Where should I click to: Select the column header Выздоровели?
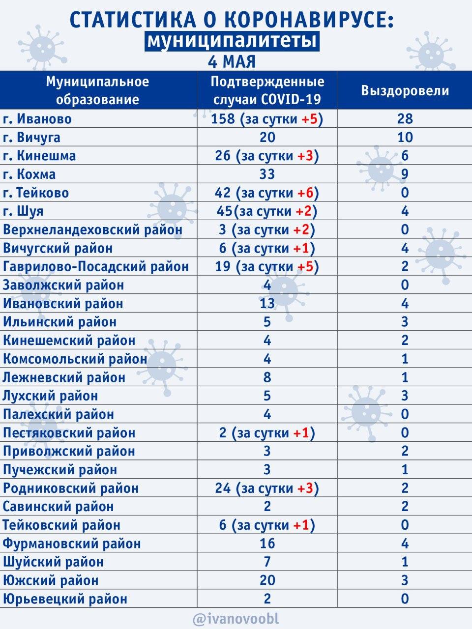click(405, 91)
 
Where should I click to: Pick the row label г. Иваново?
click(37, 119)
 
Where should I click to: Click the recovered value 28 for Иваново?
click(405, 119)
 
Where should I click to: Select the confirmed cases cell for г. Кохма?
click(267, 174)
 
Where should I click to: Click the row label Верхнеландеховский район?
click(92, 229)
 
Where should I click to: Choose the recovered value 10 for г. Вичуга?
click(405, 138)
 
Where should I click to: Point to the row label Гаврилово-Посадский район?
click(95, 267)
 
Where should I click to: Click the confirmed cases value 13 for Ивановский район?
click(267, 304)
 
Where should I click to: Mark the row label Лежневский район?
click(64, 377)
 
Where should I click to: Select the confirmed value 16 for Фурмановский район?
click(267, 543)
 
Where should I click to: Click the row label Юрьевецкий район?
click(65, 599)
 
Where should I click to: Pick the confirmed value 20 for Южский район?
click(267, 580)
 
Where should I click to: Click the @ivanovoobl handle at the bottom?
click(236, 619)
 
